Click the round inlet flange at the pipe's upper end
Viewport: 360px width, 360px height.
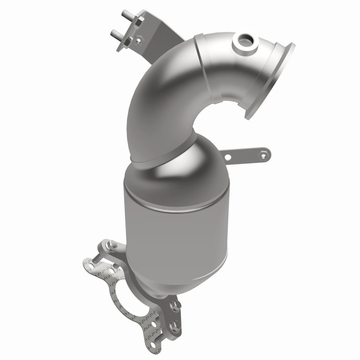coord(269,81)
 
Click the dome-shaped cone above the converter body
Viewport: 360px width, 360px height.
coord(180,166)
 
